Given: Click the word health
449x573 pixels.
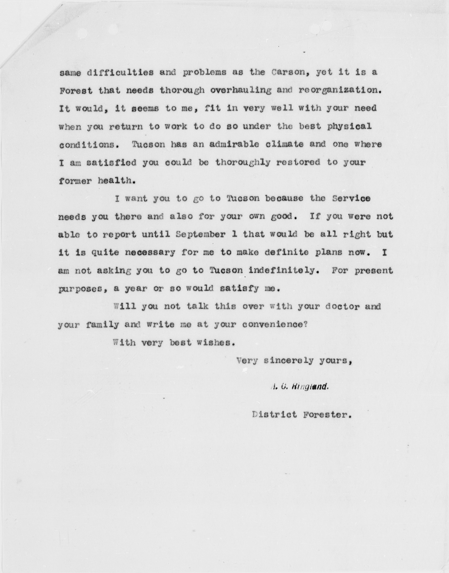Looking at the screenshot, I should point(114,181).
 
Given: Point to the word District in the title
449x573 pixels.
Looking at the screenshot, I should point(271,415).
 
